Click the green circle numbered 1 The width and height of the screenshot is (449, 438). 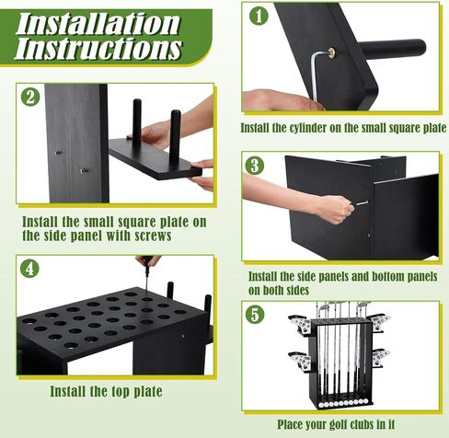coord(259,16)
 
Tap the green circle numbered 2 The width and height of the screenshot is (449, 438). coord(30,98)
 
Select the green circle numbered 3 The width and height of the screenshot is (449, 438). coord(255,166)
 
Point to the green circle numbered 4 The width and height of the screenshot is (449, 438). coord(29,269)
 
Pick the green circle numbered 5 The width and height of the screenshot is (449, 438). coord(255,315)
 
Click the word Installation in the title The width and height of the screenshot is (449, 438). coord(98,24)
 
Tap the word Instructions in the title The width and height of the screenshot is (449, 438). coord(98,48)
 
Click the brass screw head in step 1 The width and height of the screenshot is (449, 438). coord(331,52)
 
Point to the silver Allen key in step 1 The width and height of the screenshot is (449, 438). coord(315,76)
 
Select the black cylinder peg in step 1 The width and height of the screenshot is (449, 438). coord(392,47)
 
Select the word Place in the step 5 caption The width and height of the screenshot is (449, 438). coord(289,424)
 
